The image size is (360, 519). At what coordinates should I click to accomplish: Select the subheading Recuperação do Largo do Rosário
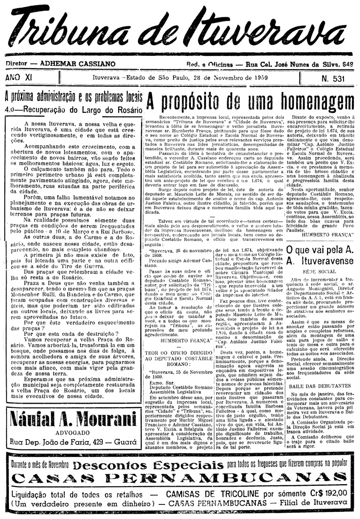click(79, 109)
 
